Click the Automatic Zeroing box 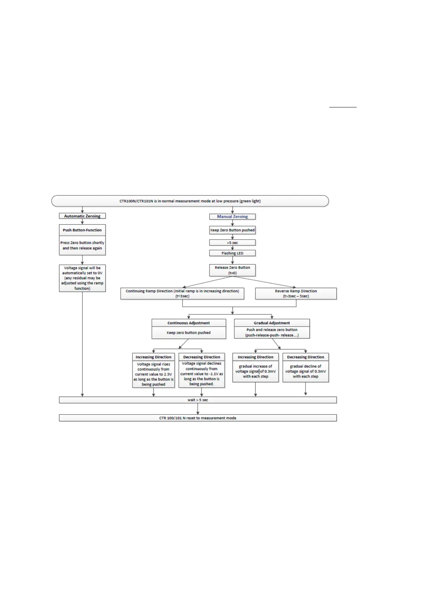click(x=82, y=216)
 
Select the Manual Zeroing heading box click(x=232, y=217)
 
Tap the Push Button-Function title click(x=82, y=230)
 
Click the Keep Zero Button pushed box click(x=232, y=230)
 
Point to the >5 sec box click(x=232, y=243)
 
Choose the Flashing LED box click(x=232, y=253)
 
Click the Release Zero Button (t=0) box click(x=232, y=270)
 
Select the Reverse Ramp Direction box click(x=296, y=294)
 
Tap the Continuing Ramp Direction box click(x=182, y=294)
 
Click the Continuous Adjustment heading click(x=189, y=323)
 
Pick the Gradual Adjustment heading click(x=272, y=323)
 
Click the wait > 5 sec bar click(x=198, y=400)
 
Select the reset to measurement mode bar click(x=198, y=418)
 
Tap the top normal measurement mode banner click(x=190, y=201)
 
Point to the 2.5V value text click(x=168, y=374)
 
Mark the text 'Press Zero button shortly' click(x=82, y=243)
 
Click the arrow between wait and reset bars click(x=198, y=409)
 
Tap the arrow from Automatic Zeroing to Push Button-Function click(x=82, y=222)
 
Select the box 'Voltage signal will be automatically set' click(x=82, y=278)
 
